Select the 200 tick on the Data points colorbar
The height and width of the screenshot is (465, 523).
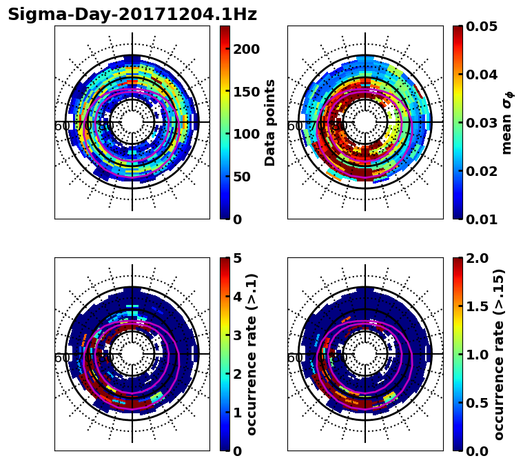tap(247, 49)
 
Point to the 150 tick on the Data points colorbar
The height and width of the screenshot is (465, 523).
tap(247, 92)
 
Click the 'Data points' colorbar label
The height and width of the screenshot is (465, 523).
tap(270, 122)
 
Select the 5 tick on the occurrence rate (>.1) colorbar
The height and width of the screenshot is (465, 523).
tap(238, 259)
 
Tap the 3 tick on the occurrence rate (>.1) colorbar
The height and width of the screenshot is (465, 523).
tap(238, 335)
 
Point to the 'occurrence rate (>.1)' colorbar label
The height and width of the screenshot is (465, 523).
tap(252, 354)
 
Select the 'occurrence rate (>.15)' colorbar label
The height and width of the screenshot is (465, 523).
tap(500, 354)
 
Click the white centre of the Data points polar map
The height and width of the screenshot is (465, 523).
tap(132, 122)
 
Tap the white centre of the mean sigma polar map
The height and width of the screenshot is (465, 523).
tap(365, 122)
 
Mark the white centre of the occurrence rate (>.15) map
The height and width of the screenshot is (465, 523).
tap(365, 354)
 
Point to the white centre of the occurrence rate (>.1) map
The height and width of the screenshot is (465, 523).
tap(132, 354)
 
